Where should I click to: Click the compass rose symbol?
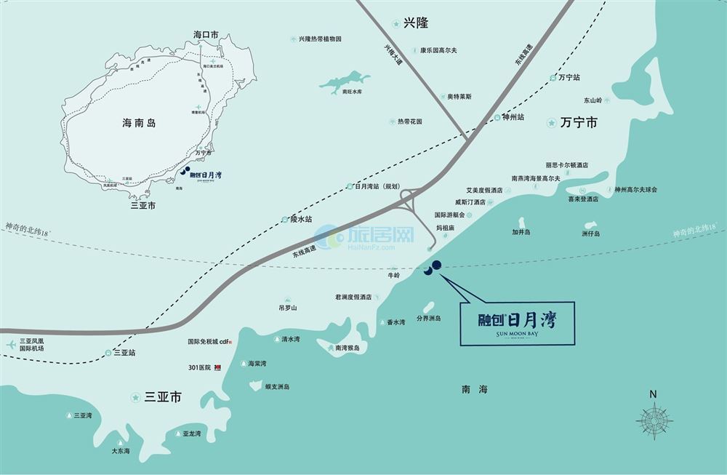pos(654,420)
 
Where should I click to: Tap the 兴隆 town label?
pos(416,23)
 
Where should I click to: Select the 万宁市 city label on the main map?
pos(579,124)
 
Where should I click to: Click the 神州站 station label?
pos(513,116)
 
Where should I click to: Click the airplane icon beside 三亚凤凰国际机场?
pos(11,344)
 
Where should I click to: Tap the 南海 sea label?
pos(474,390)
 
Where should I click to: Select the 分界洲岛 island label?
pos(428,318)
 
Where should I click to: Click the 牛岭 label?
pos(394,276)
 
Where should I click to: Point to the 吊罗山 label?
pos(288,308)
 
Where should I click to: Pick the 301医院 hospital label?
pos(199,367)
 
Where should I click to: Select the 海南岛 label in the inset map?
pos(139,124)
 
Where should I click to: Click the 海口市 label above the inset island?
pos(206,34)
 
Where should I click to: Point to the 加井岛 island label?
pos(521,232)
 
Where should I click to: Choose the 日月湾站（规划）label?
pos(378,186)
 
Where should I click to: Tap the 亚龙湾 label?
pos(192,434)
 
